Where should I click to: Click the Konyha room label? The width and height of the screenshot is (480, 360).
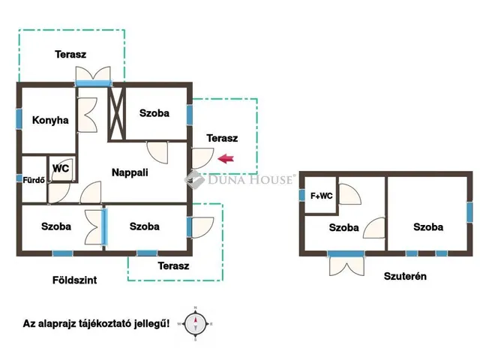coord(50,120)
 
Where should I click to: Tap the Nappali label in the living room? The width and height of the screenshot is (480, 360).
coord(130,172)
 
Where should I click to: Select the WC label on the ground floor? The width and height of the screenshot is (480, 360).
coord(61,168)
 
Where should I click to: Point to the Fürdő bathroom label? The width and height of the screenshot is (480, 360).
coord(34,180)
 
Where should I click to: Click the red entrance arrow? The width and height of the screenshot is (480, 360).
coord(226,158)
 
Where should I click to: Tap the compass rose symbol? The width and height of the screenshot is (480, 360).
coord(196,324)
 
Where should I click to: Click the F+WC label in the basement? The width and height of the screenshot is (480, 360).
coord(322,196)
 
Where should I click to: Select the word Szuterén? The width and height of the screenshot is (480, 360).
coord(405,276)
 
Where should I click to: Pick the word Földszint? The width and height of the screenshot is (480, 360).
coord(75,280)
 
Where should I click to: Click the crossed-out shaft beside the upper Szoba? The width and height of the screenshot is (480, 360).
coord(117,114)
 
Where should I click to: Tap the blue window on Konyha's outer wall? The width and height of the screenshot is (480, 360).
coord(19,118)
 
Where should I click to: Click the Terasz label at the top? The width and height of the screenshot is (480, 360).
coord(70,54)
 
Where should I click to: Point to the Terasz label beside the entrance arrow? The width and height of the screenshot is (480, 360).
coord(222,138)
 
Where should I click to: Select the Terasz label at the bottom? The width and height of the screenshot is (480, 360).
coord(173,265)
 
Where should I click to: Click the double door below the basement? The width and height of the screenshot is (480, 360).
coord(346,265)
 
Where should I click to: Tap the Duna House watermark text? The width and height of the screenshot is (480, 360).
coord(250,179)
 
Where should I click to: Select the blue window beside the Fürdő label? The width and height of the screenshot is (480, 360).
coord(19,178)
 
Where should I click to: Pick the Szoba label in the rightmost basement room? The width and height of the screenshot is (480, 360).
coord(428,226)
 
